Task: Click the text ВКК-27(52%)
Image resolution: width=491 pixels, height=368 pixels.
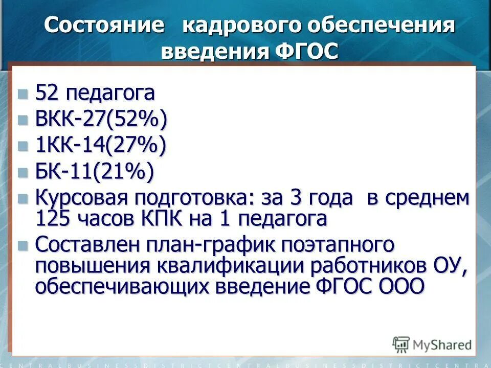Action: click(101, 121)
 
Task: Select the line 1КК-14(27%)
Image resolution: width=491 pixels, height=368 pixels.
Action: click(100, 147)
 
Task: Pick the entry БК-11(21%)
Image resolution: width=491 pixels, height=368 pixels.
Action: click(94, 173)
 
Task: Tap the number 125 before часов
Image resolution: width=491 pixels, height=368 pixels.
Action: click(54, 219)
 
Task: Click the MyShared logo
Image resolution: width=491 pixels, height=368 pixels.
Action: click(432, 344)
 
